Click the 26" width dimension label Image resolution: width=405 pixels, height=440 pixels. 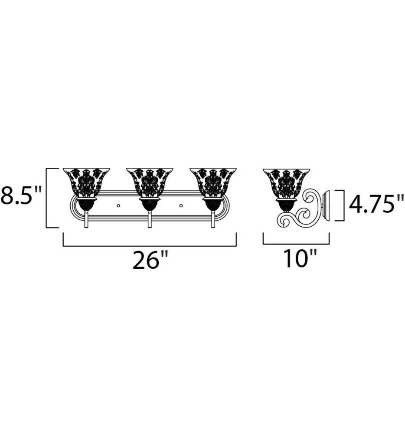click(x=150, y=261)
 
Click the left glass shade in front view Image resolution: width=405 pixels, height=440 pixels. click(x=86, y=182)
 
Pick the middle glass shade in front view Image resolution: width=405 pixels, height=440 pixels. click(x=150, y=182)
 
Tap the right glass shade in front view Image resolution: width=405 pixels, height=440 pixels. click(x=213, y=182)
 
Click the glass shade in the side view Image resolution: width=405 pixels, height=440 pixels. click(x=286, y=182)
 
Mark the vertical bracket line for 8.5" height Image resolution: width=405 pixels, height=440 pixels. click(x=46, y=197)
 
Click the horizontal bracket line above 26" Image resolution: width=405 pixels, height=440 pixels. click(x=150, y=246)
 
